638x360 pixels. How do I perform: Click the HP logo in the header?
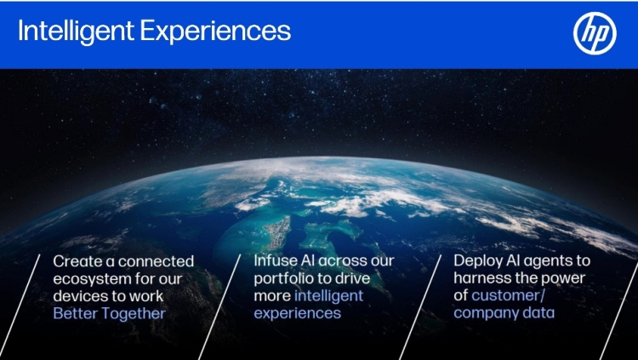coord(595,33)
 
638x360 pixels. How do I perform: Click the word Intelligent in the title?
coord(76,31)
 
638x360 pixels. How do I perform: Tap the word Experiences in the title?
coord(216,31)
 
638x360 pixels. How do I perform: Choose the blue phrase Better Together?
coord(110,313)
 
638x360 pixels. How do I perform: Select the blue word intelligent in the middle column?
coord(328,295)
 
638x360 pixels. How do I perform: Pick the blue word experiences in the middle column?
coord(298,313)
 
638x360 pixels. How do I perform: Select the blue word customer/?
coord(508,295)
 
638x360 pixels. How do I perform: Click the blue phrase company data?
coord(504,312)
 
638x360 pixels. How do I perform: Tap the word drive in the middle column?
coord(354,278)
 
